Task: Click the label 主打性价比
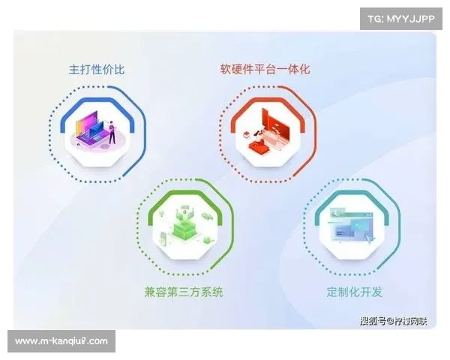[97, 70]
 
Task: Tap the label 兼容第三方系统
[184, 290]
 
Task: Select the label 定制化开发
[352, 289]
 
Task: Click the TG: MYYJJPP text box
[401, 18]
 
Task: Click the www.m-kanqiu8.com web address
[61, 341]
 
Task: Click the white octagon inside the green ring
[184, 226]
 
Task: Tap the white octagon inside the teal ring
[352, 225]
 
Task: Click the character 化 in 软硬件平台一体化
[304, 70]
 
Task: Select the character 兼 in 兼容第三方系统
[150, 290]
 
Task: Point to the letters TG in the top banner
[376, 18]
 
